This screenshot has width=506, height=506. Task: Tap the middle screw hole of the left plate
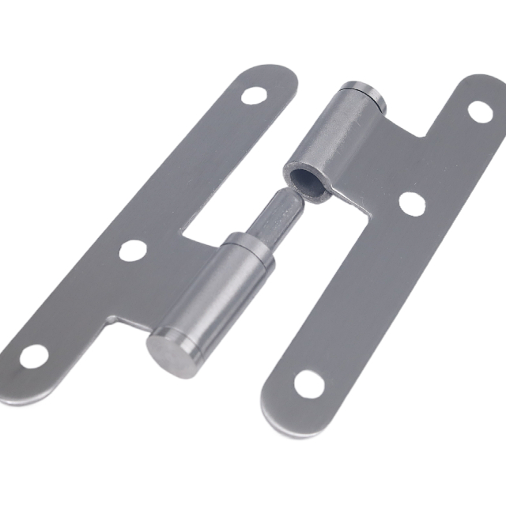point(133,251)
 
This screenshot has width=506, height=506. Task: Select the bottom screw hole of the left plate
point(33,356)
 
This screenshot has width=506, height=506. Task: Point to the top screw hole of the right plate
point(480,111)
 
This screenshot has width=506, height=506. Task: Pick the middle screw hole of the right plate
point(411,202)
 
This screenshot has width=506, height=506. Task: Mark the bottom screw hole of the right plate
point(309,384)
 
